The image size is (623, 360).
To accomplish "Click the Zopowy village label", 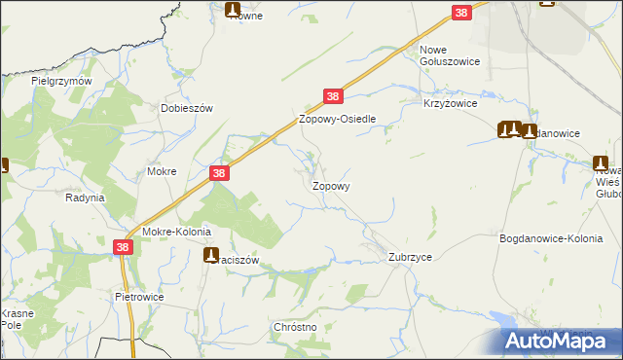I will (331, 185).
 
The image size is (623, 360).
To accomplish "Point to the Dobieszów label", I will (187, 109).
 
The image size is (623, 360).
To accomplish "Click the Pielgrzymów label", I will (61, 82).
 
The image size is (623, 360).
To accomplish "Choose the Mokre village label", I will (161, 171).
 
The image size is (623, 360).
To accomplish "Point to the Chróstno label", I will (297, 328).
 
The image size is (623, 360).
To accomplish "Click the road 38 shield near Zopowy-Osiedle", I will (333, 96).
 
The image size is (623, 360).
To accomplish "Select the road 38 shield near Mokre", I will (220, 173).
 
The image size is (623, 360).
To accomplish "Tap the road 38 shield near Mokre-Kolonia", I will (123, 248).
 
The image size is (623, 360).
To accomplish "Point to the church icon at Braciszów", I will (211, 256).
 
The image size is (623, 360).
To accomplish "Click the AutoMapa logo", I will (563, 341).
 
